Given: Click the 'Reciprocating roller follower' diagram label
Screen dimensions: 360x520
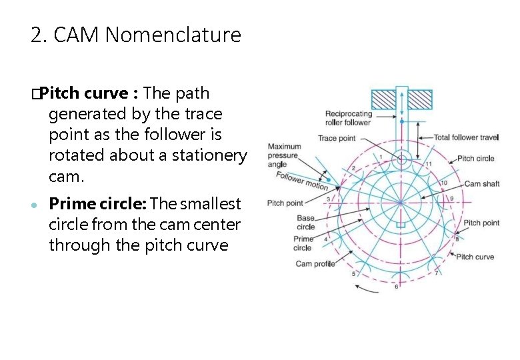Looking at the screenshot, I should point(348,118).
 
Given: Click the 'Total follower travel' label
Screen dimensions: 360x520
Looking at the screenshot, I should point(466,137).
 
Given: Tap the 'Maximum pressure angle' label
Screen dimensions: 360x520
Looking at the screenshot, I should point(284,155).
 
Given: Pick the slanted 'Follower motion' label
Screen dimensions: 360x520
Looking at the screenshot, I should point(302,181).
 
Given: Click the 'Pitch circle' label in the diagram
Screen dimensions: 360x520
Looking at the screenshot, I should point(475,159).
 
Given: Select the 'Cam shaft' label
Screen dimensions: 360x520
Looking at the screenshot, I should point(481,184).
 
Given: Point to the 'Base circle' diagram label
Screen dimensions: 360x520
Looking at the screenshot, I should point(306,223).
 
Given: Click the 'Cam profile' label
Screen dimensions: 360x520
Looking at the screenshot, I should point(315,264).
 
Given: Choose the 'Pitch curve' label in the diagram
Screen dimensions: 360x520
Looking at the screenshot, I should point(475,257).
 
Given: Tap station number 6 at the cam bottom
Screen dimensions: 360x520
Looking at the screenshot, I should point(396,287).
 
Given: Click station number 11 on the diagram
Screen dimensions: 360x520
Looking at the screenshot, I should point(429,164).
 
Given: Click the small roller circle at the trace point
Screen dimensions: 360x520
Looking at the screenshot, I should point(401,159).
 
